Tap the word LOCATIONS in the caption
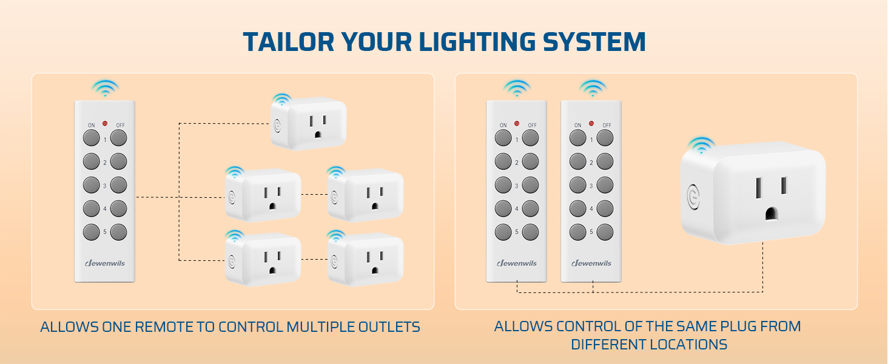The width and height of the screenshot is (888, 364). pos(688,345)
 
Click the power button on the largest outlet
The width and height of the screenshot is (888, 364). pos(693,196)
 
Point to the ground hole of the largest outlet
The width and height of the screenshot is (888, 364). pos(771,214)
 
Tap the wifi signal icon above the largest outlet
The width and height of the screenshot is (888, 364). pos(701,144)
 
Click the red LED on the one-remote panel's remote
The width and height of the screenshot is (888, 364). pos(104,124)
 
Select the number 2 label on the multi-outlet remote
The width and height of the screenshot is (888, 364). pos(104,163)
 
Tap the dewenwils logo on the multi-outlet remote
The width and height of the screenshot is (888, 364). pos(104,263)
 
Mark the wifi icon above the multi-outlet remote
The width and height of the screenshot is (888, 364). pos(104,87)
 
